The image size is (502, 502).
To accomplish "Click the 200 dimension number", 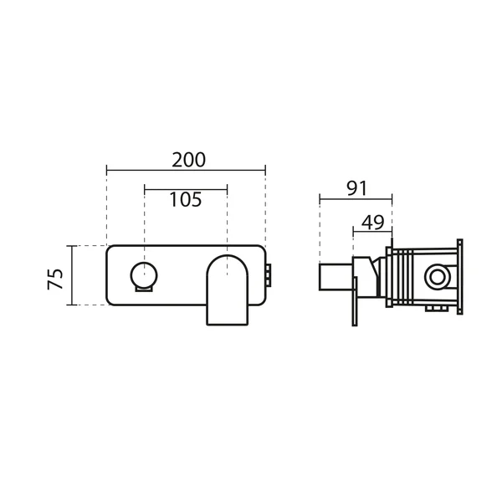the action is click(188, 160).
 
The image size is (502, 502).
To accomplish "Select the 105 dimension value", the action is click(186, 199).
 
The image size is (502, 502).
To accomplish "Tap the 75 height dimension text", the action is click(55, 279).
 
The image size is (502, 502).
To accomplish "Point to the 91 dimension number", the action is click(356, 188).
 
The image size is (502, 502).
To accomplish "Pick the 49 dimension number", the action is click(372, 223).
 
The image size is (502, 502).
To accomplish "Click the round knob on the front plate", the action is click(144, 274).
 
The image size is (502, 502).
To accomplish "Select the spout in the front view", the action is click(228, 290).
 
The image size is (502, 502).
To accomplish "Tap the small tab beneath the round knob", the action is click(144, 289).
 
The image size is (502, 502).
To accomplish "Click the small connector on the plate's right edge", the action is click(269, 275).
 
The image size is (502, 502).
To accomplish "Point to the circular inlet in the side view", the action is click(437, 277).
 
